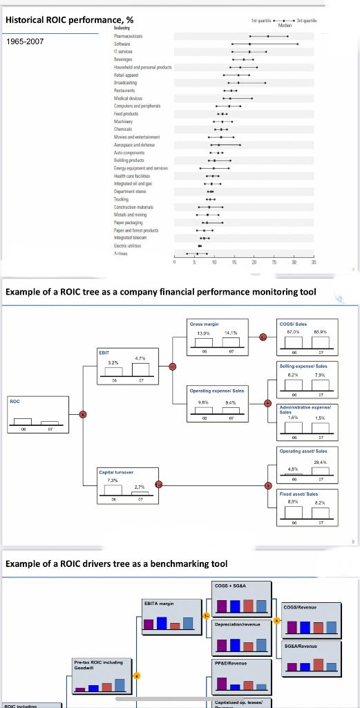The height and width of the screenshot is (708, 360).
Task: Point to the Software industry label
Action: pos(122,43)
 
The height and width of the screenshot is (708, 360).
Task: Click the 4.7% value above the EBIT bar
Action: pos(140,358)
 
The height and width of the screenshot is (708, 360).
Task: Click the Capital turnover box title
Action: pos(117,472)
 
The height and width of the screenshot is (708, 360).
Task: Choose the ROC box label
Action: pos(15,399)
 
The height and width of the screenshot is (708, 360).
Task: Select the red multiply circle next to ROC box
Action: pos(83,413)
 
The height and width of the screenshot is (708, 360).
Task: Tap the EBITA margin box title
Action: pos(160,604)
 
